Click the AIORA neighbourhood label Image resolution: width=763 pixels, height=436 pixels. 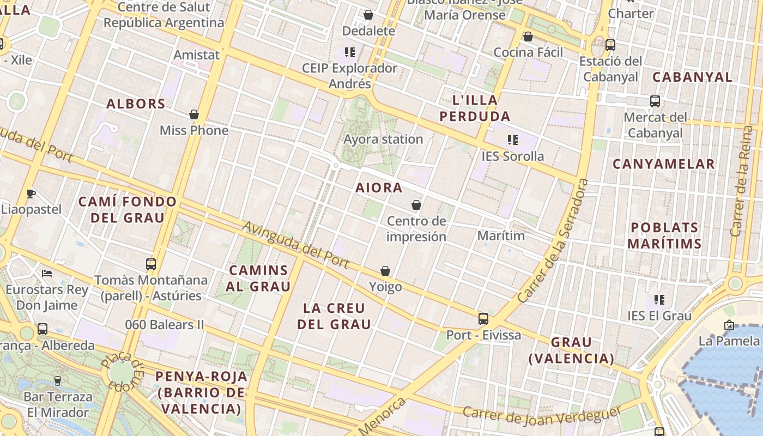pyautogui.click(x=379, y=187)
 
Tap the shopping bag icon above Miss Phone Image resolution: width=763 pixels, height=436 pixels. pyautogui.click(x=194, y=115)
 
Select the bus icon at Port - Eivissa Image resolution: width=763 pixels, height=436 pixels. pyautogui.click(x=483, y=319)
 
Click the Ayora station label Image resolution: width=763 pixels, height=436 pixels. pyautogui.click(x=383, y=139)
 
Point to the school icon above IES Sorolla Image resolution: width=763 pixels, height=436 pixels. pyautogui.click(x=512, y=140)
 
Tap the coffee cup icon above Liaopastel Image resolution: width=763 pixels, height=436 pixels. pyautogui.click(x=31, y=193)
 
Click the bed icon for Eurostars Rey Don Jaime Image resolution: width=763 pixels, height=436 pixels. pyautogui.click(x=47, y=273)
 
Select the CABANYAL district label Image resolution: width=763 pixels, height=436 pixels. pyautogui.click(x=692, y=77)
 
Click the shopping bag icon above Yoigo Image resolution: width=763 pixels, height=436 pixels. pyautogui.click(x=385, y=271)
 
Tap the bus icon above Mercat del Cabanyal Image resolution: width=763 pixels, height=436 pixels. pyautogui.click(x=655, y=101)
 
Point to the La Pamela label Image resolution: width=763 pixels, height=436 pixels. pyautogui.click(x=729, y=341)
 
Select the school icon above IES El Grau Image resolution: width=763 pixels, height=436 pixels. pyautogui.click(x=659, y=300)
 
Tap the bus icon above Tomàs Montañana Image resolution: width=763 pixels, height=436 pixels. pyautogui.click(x=151, y=264)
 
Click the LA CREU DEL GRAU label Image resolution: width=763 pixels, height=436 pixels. pyautogui.click(x=337, y=316)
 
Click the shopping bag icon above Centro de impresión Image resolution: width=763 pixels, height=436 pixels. pyautogui.click(x=416, y=205)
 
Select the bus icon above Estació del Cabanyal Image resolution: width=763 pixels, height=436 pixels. pyautogui.click(x=610, y=45)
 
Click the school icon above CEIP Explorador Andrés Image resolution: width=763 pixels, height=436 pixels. pyautogui.click(x=350, y=52)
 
